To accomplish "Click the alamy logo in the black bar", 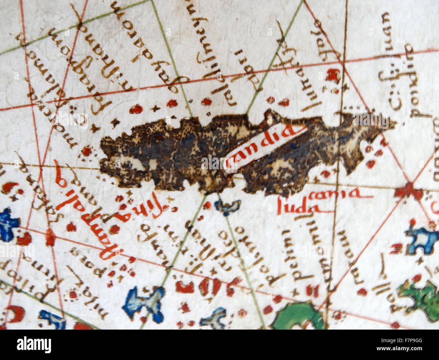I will coord(34,345).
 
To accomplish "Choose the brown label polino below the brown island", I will coord(230,247).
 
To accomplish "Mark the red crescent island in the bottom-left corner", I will coord(14,313).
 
